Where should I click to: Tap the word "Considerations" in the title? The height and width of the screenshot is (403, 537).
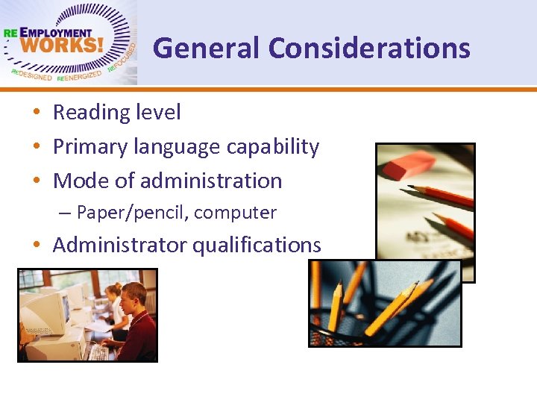369,49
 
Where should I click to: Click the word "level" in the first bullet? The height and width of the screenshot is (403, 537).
159,113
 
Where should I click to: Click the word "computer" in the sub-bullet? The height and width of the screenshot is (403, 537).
236,213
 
